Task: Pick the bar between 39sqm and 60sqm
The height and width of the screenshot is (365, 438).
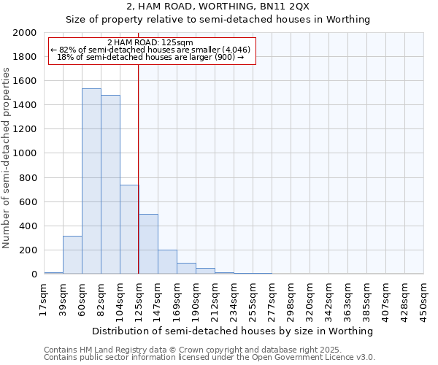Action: point(72,255)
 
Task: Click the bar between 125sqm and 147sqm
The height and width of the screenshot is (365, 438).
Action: point(148,244)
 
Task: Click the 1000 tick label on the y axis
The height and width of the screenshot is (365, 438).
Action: point(25,154)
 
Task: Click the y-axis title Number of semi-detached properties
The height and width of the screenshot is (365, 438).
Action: point(7,158)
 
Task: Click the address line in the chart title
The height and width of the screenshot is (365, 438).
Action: point(218,7)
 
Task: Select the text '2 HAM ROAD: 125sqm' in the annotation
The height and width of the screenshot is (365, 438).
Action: point(150,43)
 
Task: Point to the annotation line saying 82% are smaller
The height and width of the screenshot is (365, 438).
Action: point(150,50)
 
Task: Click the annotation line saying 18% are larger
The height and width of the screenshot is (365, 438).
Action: point(150,57)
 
